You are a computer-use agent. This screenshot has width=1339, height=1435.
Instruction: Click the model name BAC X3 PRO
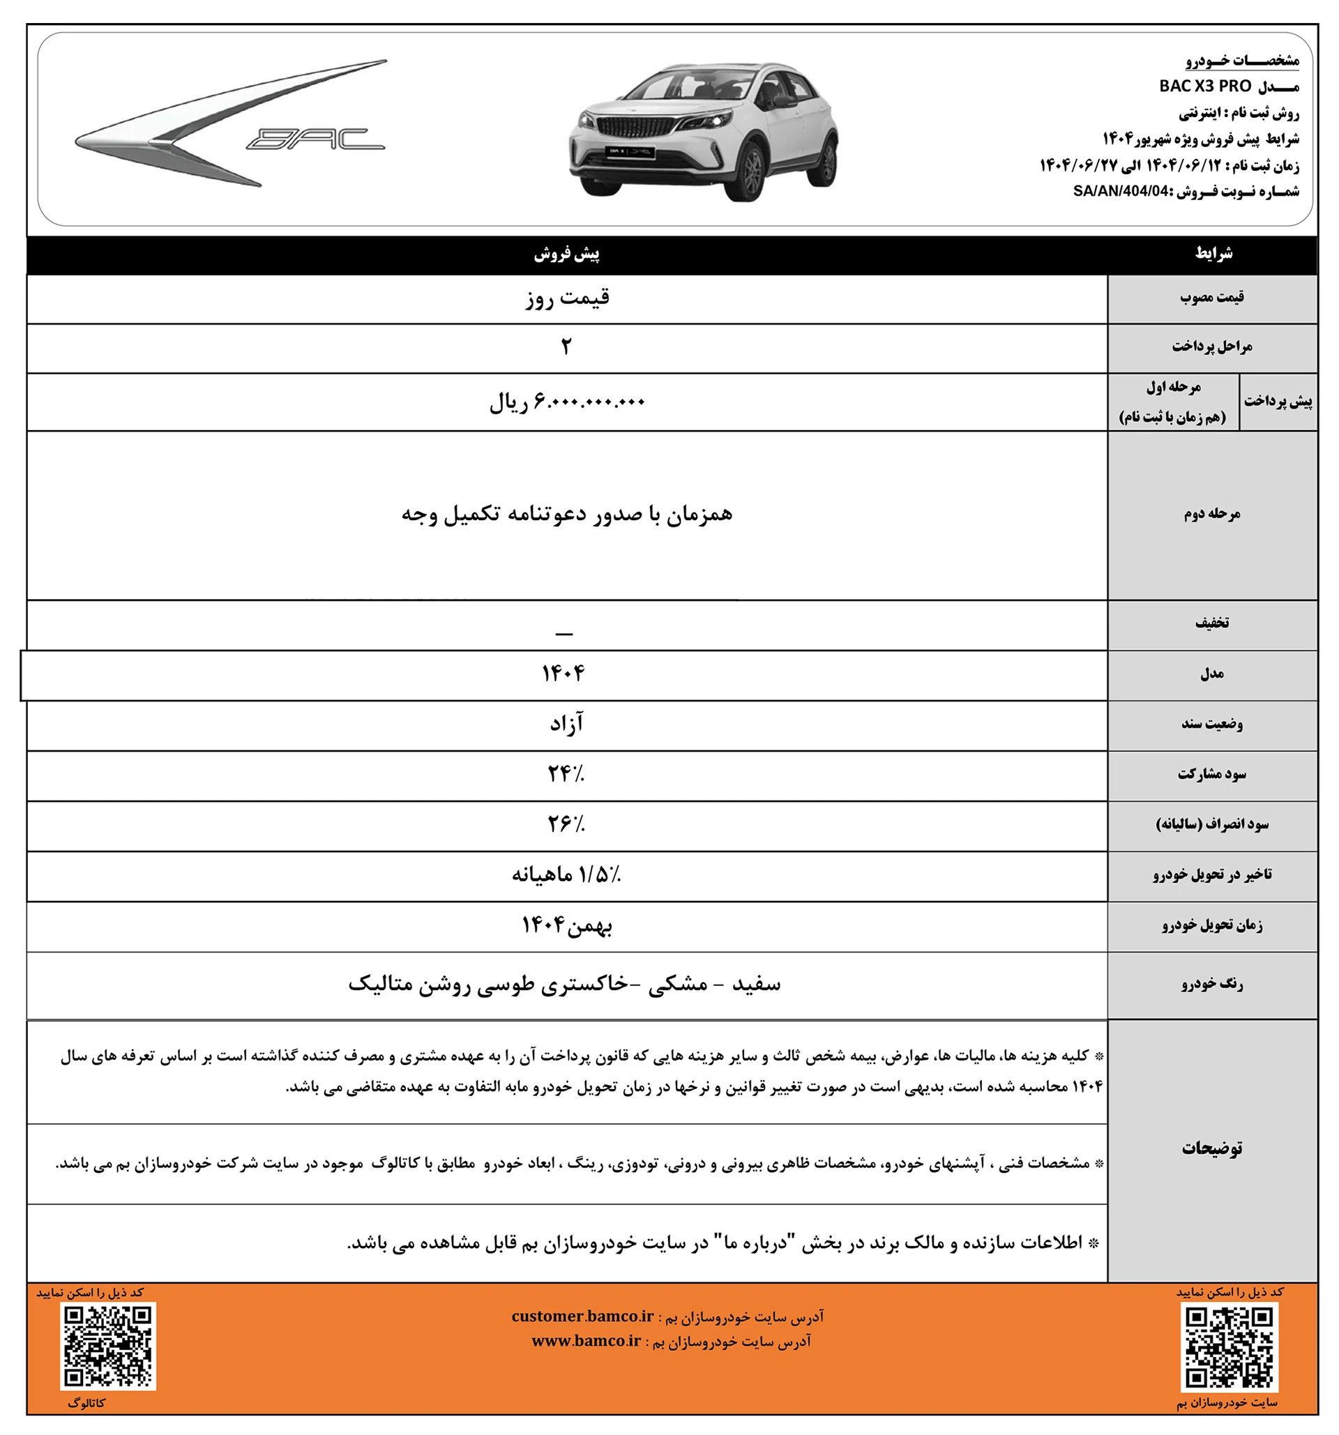[x=1204, y=86]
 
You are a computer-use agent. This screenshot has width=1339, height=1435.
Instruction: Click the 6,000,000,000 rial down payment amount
[x=567, y=402]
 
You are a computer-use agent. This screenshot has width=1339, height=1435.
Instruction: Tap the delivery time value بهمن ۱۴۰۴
[x=567, y=925]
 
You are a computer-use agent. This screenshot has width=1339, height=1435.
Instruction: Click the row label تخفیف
[x=1212, y=623]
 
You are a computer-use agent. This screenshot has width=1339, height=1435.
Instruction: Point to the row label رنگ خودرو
[x=1212, y=984]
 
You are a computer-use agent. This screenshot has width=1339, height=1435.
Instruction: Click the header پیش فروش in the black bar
[x=567, y=254]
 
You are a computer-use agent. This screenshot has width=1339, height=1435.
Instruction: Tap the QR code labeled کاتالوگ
[x=108, y=1346]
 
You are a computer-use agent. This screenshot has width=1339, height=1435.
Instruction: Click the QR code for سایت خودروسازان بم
[x=1230, y=1349]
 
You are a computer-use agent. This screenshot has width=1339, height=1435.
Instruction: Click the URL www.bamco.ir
[x=586, y=1341]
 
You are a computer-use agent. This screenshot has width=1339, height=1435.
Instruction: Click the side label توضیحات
[x=1212, y=1148]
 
